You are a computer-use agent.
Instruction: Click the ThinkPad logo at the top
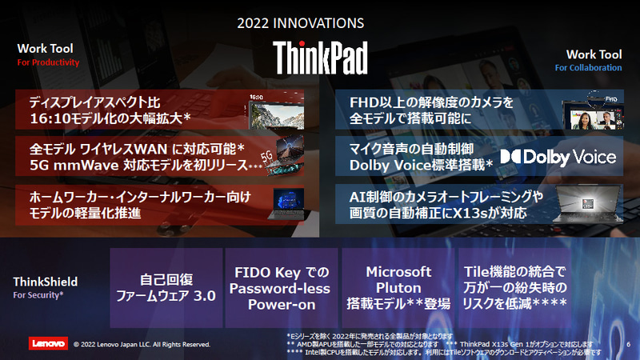click(x=320, y=58)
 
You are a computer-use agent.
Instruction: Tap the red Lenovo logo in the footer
click(x=49, y=343)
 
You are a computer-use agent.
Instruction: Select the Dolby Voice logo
click(x=558, y=156)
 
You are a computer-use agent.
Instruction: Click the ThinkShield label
click(x=46, y=282)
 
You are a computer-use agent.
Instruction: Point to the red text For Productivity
click(x=48, y=62)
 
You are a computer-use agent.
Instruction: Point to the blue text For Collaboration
click(x=588, y=68)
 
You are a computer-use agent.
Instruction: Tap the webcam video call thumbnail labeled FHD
click(x=593, y=113)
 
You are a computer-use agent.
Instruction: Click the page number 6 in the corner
click(x=629, y=344)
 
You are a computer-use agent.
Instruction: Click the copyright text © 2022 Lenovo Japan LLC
click(x=141, y=344)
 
